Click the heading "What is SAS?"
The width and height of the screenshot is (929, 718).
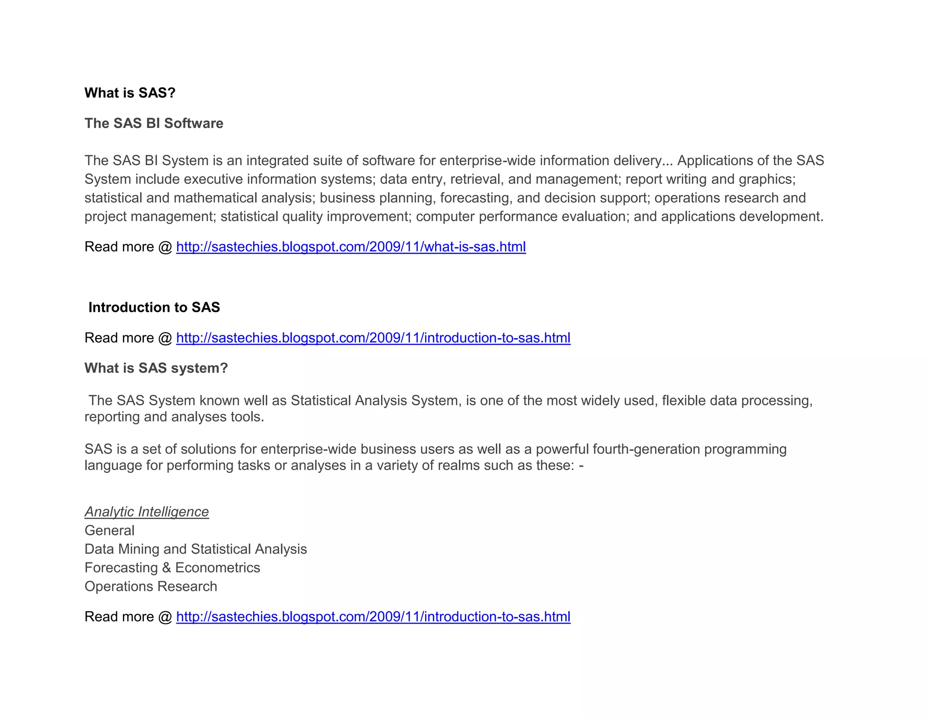click(130, 93)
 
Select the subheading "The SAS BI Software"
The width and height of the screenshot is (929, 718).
click(154, 123)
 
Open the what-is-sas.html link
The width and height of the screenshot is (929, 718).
click(351, 247)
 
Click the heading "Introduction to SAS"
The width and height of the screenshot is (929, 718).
click(154, 308)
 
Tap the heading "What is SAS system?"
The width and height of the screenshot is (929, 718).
click(156, 368)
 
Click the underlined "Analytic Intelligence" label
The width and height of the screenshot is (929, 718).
click(147, 512)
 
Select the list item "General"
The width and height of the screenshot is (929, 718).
click(109, 531)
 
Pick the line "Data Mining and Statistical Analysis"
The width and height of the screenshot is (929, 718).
click(196, 549)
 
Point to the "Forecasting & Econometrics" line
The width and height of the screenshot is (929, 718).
click(172, 568)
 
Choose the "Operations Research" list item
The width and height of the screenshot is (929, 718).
click(151, 586)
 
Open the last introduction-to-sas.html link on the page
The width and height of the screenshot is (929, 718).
click(373, 617)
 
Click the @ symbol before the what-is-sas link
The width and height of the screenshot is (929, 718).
click(165, 247)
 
